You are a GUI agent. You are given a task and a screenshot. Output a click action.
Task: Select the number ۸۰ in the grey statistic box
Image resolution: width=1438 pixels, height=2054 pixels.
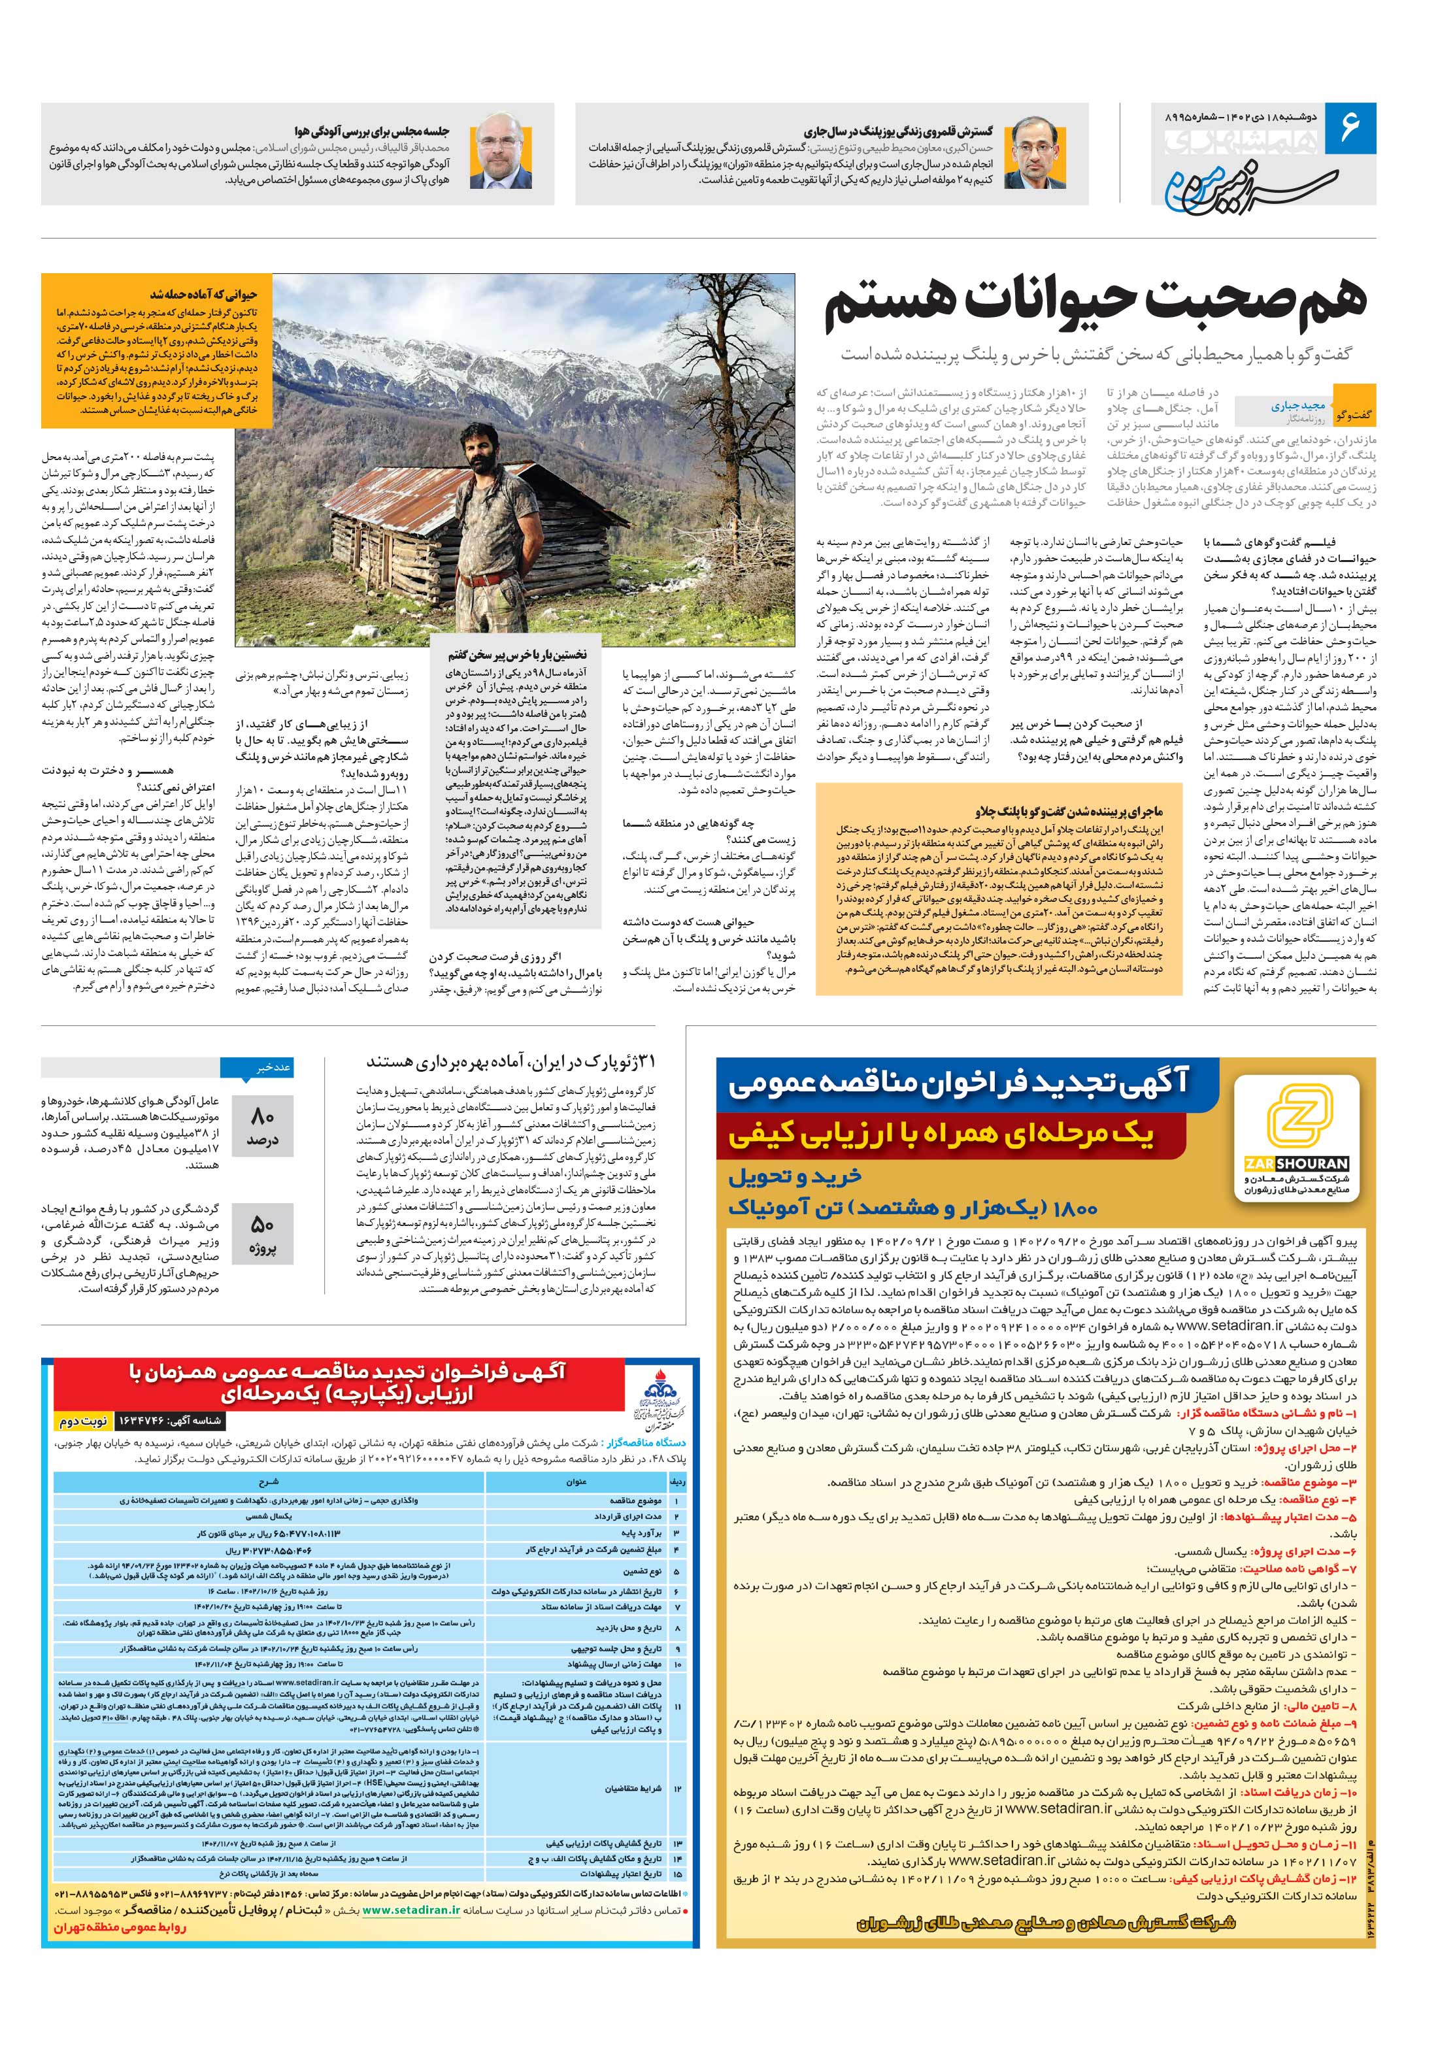click(x=262, y=1116)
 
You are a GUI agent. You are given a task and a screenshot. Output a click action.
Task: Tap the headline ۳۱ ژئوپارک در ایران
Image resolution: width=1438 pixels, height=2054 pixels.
click(x=510, y=1062)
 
